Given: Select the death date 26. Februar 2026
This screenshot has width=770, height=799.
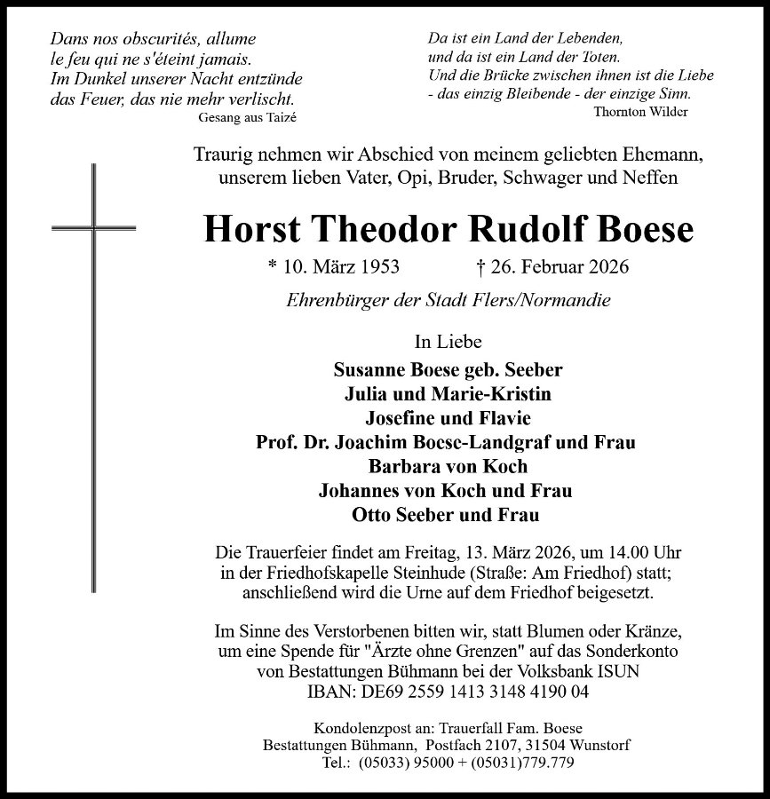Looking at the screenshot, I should pos(552,267).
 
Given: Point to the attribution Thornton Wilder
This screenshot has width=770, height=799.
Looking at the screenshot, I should pos(639,111).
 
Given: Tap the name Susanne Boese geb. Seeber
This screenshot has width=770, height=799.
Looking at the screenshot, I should pos(448,370).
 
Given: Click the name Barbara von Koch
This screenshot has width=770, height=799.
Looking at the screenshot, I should pos(448,466).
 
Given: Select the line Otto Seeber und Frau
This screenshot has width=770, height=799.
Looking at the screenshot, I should pos(448,514).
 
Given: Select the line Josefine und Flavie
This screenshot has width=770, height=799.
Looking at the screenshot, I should pos(448,418).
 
